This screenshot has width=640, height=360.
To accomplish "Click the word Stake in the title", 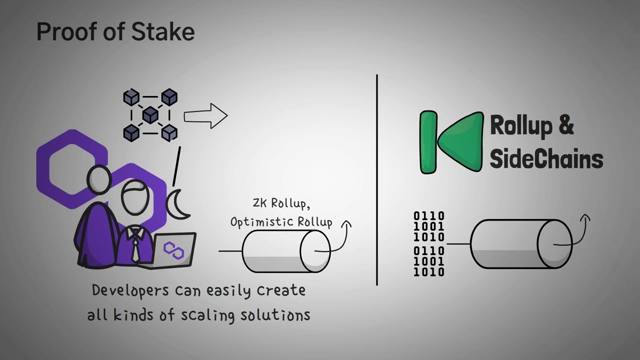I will (163, 32).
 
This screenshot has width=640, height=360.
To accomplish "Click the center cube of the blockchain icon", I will (150, 115).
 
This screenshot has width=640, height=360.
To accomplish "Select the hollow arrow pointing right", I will (205, 116).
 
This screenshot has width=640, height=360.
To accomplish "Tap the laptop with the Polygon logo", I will (173, 249).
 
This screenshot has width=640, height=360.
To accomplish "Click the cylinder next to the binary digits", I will (520, 244).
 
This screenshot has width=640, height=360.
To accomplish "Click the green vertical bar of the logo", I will (428, 142).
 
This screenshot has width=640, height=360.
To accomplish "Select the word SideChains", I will (546, 159).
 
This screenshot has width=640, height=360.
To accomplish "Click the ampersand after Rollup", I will (565, 125).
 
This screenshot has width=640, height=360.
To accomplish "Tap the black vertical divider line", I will (377, 180).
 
